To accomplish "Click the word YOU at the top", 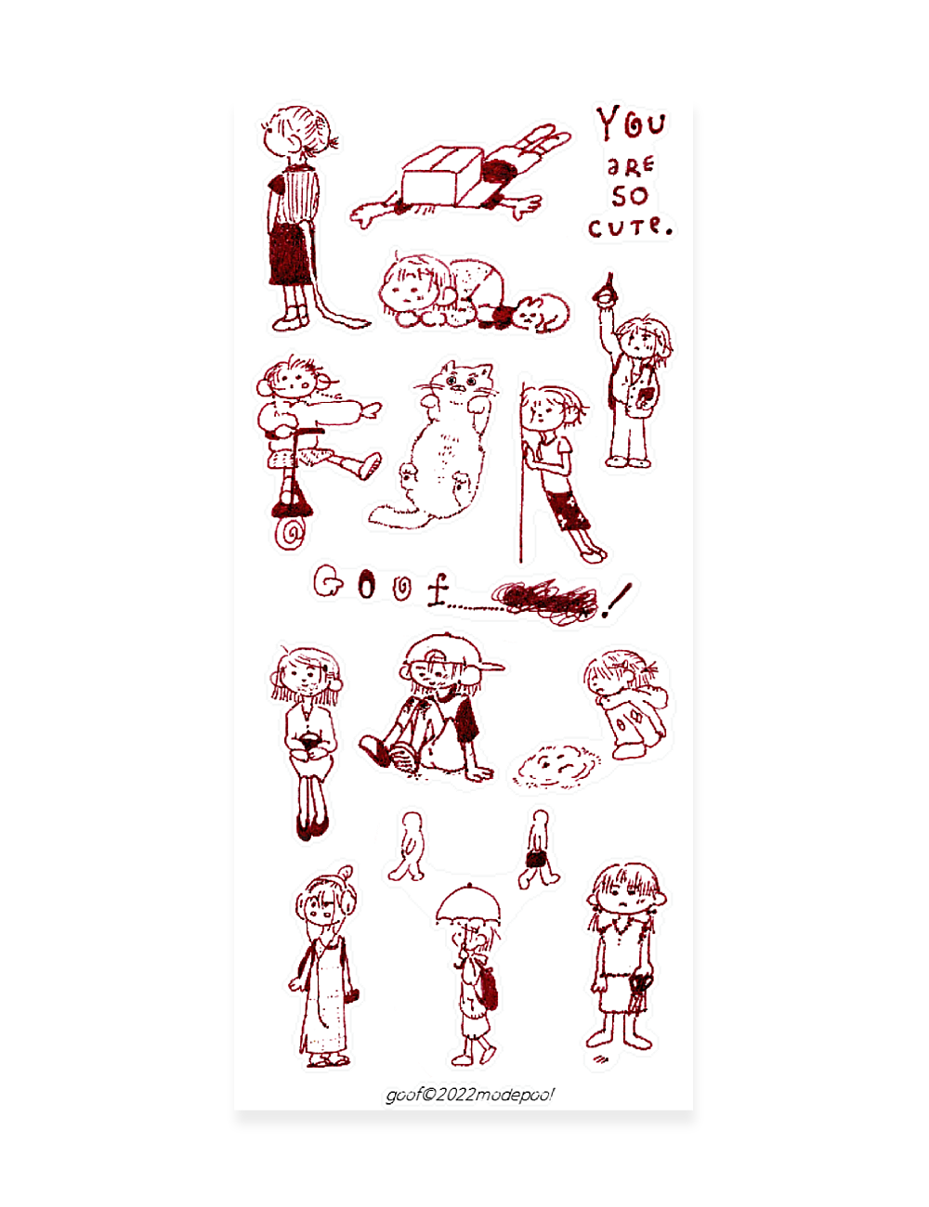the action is (x=631, y=123).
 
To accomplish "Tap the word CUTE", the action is (x=630, y=227).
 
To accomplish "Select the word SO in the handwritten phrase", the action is (x=630, y=196).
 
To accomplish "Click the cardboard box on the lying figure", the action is (x=441, y=176).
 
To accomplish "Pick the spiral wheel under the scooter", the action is (x=290, y=533).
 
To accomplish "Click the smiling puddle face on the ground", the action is (x=556, y=765).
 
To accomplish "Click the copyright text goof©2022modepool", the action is (x=470, y=1095).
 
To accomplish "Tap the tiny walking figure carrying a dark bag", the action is (x=538, y=850).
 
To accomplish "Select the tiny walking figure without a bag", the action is (x=409, y=847).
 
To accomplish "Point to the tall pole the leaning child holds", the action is (x=522, y=473).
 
